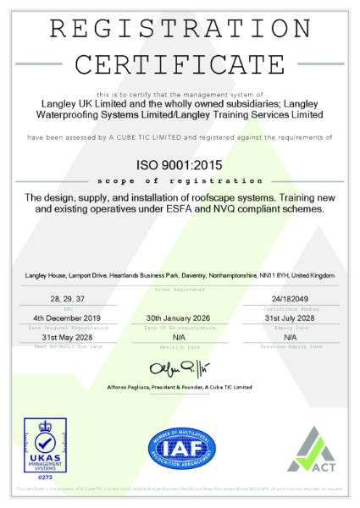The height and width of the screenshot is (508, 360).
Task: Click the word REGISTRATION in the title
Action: click(180, 28)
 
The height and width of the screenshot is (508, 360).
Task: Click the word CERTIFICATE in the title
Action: click(180, 64)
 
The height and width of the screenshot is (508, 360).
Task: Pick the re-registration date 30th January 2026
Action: click(180, 317)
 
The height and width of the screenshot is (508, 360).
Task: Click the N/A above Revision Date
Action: click(180, 337)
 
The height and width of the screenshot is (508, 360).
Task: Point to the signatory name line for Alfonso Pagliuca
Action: click(180, 386)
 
